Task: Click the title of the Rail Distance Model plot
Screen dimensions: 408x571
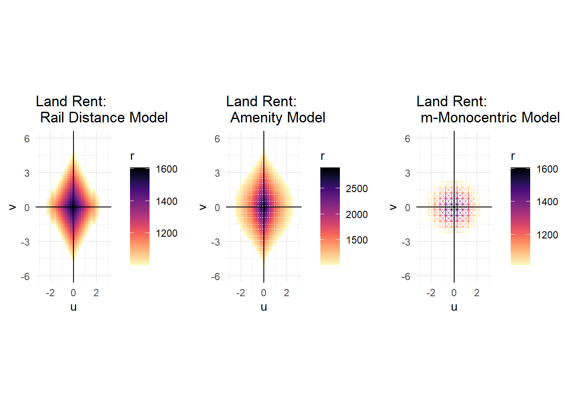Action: pos(102,109)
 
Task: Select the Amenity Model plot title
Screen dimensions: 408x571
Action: pos(275,109)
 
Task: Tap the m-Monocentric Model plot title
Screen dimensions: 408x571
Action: pos(488,109)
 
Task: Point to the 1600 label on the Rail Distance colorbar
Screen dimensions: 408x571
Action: pos(167,169)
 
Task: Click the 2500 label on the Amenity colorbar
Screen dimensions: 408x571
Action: pos(356,189)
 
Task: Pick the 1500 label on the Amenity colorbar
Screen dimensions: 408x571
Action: pos(356,240)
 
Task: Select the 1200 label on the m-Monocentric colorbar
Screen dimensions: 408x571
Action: pos(547,235)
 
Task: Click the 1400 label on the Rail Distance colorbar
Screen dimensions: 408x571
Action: pos(167,201)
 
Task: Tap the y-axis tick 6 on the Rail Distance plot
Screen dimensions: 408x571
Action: pos(27,139)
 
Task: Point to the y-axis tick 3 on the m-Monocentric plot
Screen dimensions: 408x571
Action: pos(407,173)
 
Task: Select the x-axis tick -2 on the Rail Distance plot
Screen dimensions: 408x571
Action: pos(50,293)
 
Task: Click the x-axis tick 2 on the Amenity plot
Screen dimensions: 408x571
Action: pos(286,293)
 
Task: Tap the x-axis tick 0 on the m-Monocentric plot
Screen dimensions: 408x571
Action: pos(454,293)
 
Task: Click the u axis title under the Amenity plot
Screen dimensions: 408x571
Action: pos(264,307)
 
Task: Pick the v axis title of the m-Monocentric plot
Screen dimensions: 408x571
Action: pos(393,207)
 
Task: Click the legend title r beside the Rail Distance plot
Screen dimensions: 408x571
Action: pos(132,156)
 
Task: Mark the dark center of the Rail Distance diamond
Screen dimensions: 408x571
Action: pos(73,207)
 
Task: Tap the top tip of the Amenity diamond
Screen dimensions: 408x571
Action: pos(264,150)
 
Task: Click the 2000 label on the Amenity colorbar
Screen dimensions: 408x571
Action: pos(356,215)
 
